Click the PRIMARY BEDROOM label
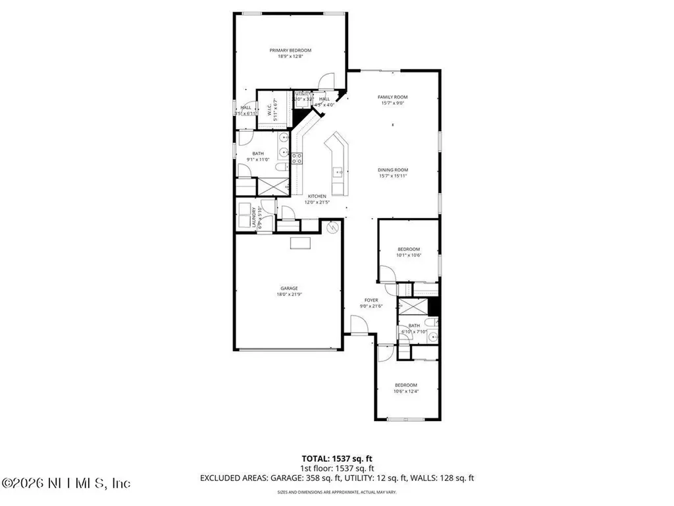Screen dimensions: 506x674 (290, 51)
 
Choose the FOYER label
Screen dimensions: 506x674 (371, 300)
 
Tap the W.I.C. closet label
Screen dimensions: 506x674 (270, 112)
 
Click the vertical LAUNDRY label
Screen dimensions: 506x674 (254, 218)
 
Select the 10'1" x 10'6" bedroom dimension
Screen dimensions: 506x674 (408, 255)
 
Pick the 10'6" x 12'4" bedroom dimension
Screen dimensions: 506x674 (406, 391)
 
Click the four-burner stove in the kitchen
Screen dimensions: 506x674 (297, 157)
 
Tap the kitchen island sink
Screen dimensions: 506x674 (338, 173)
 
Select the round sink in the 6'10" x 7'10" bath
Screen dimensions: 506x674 (430, 337)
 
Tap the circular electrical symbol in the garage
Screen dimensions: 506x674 (332, 227)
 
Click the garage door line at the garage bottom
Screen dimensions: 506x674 (288, 349)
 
